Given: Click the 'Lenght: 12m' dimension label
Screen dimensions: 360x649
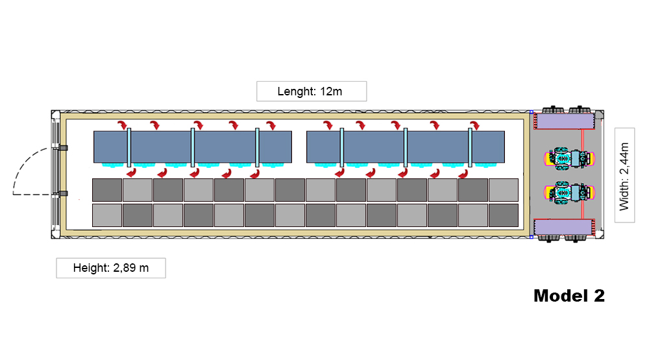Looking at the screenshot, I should (x=312, y=91).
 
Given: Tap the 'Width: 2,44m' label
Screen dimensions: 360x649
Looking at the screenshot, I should (x=624, y=173).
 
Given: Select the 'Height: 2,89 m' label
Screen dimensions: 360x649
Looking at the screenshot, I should (x=110, y=268).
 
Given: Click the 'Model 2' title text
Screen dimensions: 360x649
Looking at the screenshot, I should (x=569, y=296).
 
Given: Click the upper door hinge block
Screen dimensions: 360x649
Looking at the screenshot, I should (x=63, y=148).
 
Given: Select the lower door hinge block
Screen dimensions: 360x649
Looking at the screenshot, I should (x=63, y=193).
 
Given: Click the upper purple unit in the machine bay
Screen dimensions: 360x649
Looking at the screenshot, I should (x=563, y=120).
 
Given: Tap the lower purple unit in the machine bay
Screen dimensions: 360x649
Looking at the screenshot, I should (x=563, y=228).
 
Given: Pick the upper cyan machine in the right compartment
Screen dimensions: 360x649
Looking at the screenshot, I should (x=568, y=157).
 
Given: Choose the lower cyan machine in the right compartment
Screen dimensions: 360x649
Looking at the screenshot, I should (x=568, y=191).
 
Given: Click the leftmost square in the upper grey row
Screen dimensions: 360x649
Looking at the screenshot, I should (x=107, y=189).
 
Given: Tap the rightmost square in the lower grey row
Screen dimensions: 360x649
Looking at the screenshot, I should (x=503, y=215).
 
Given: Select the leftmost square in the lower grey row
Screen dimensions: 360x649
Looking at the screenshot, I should (x=107, y=215).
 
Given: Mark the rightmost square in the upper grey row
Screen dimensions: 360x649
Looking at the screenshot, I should (x=503, y=189).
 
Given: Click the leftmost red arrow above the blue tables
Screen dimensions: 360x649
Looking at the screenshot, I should (x=121, y=125).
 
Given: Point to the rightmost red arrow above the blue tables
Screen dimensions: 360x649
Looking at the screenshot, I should (x=476, y=125).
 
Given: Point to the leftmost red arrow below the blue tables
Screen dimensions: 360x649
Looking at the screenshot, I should (x=130, y=173).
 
